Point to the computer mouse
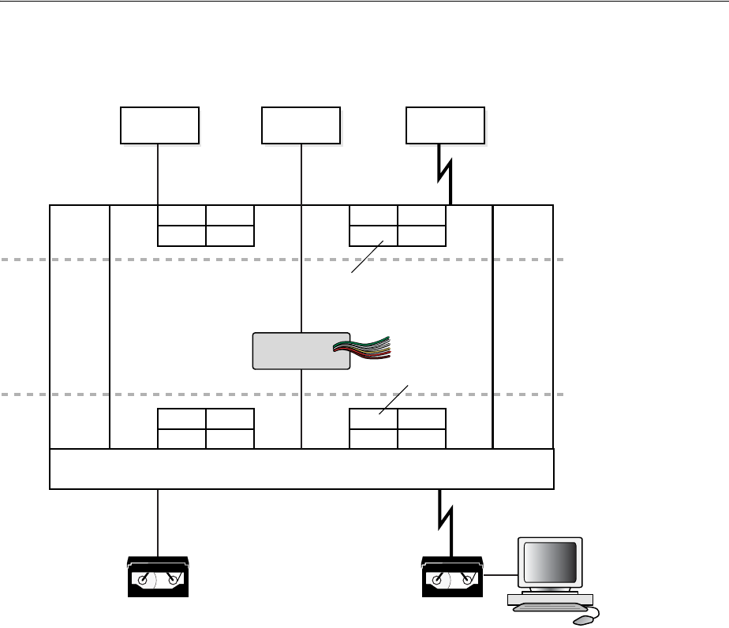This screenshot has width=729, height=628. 583,619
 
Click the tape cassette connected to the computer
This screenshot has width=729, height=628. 452,577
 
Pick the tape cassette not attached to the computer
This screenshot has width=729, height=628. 158,577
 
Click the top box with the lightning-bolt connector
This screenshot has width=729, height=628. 445,125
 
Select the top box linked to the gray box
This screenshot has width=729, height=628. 301,125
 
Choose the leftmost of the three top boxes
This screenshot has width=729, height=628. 159,125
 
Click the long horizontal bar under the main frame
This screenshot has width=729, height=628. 301,469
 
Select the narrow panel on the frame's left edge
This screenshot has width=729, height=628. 79,326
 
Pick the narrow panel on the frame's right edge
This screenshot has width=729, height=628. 522,326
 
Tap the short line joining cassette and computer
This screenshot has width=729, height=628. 498,576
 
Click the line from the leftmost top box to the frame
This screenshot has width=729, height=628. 159,174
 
